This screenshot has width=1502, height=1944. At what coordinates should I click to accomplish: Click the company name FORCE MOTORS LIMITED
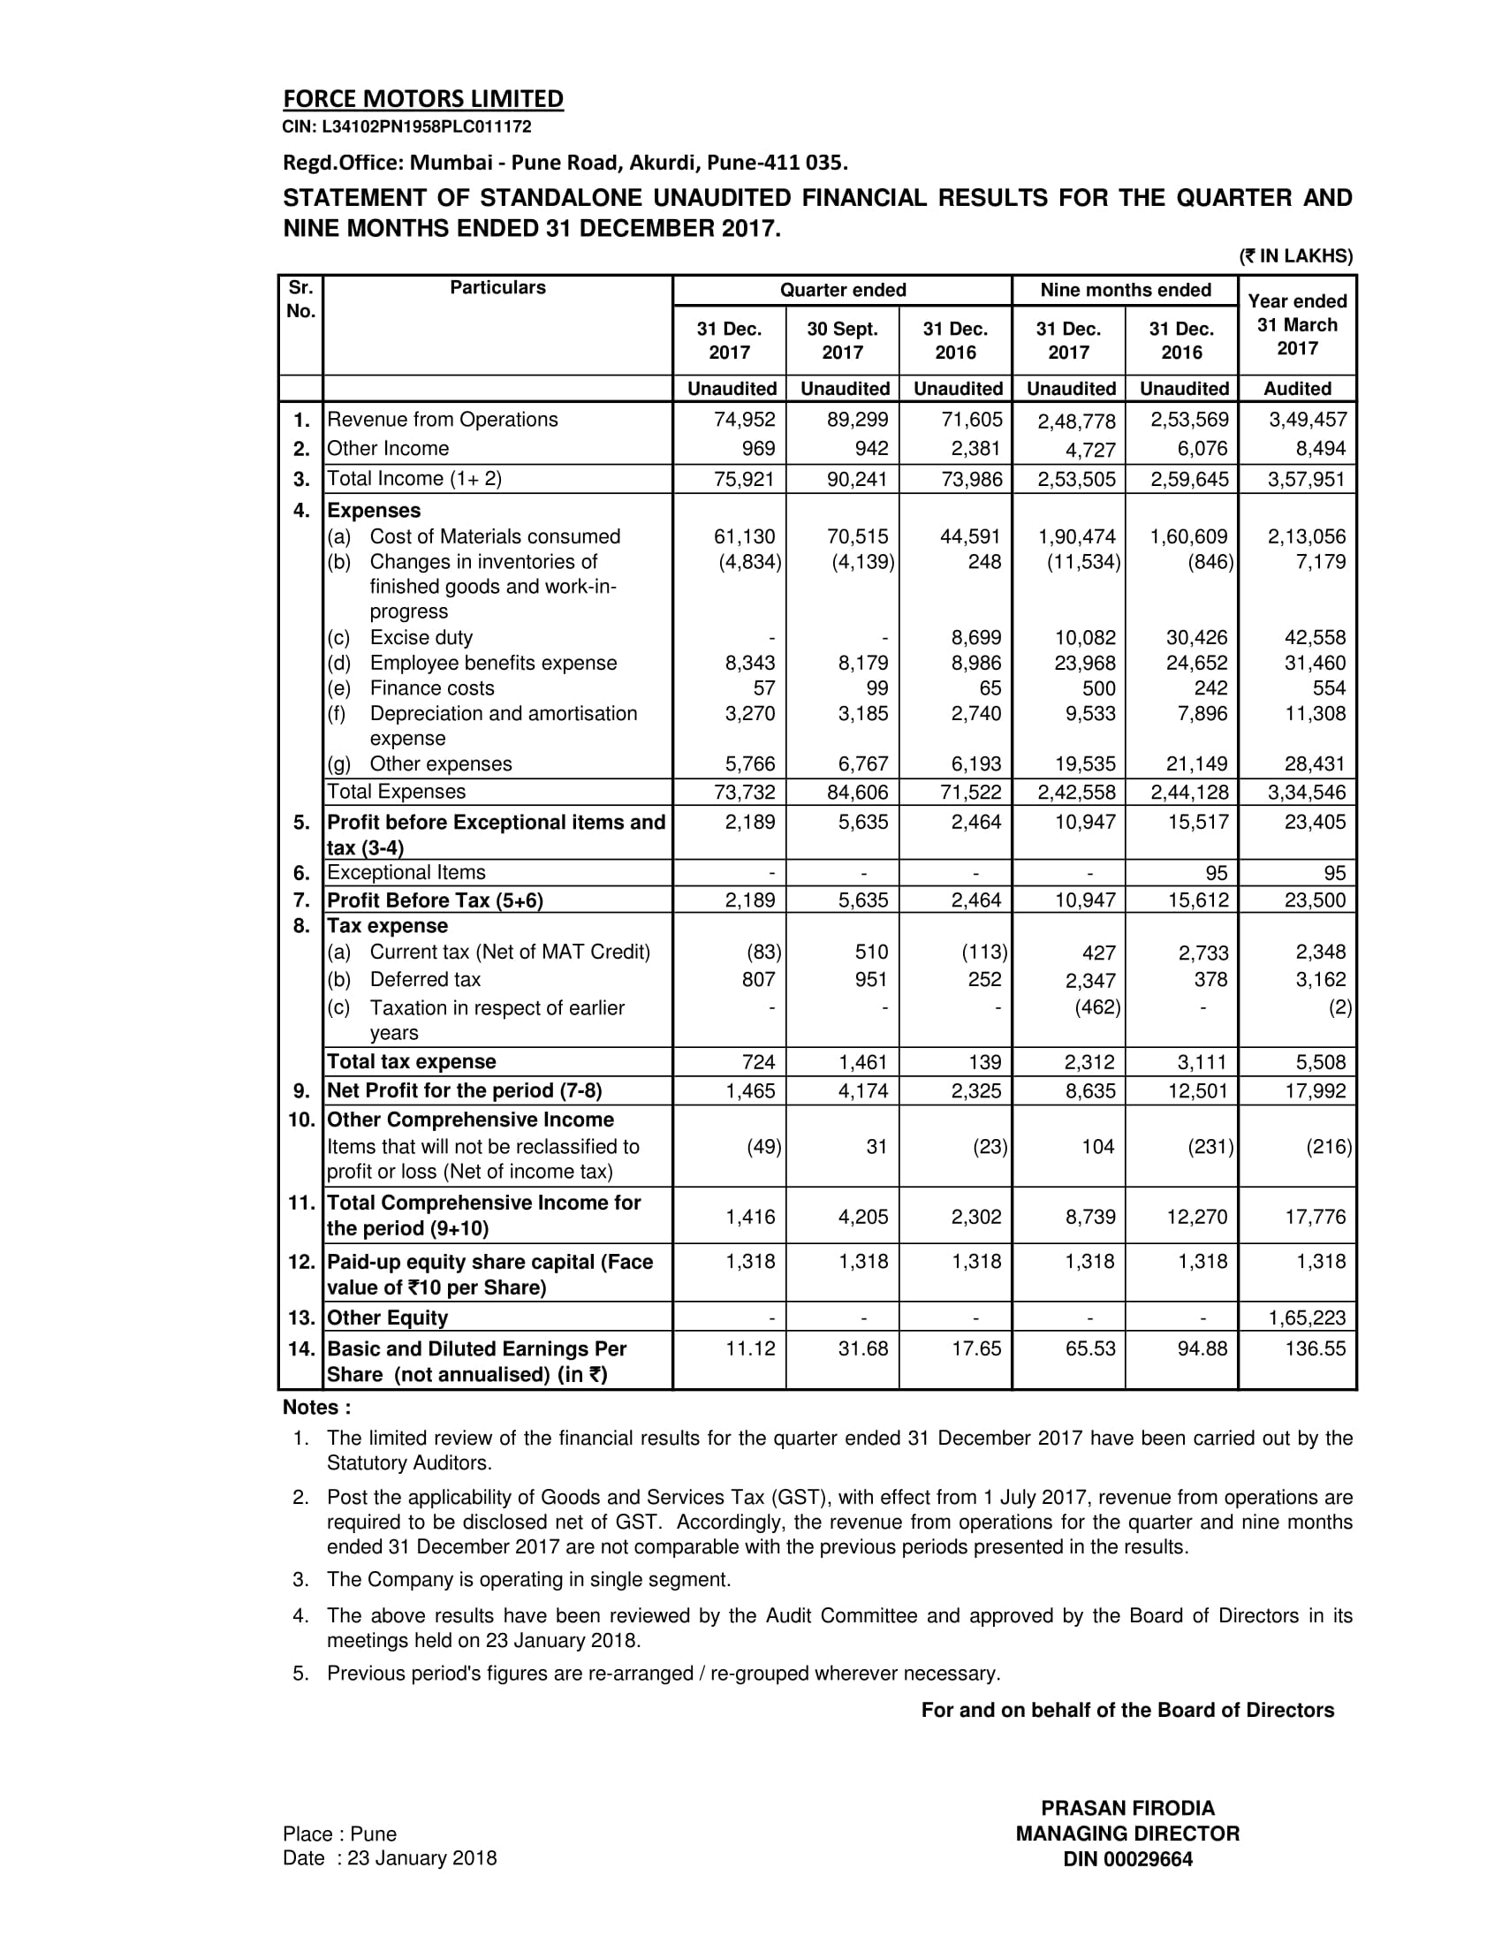pyautogui.click(x=422, y=99)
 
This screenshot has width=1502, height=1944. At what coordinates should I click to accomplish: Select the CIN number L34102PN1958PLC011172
pyautogui.click(x=406, y=127)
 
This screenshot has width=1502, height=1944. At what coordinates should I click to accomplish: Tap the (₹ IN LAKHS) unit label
pyautogui.click(x=1295, y=256)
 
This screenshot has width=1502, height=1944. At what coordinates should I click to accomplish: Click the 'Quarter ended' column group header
pyautogui.click(x=842, y=290)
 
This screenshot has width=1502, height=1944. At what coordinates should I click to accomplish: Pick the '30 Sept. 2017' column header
pyautogui.click(x=842, y=340)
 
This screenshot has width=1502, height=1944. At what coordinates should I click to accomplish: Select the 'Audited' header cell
pyautogui.click(x=1296, y=389)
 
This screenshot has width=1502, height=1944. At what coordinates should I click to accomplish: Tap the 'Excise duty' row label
pyautogui.click(x=421, y=637)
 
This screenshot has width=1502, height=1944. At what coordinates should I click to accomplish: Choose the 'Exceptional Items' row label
pyautogui.click(x=406, y=872)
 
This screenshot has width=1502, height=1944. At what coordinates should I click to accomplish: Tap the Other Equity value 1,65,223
pyautogui.click(x=1307, y=1318)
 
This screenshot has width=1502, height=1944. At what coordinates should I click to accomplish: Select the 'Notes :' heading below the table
pyautogui.click(x=317, y=1408)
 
